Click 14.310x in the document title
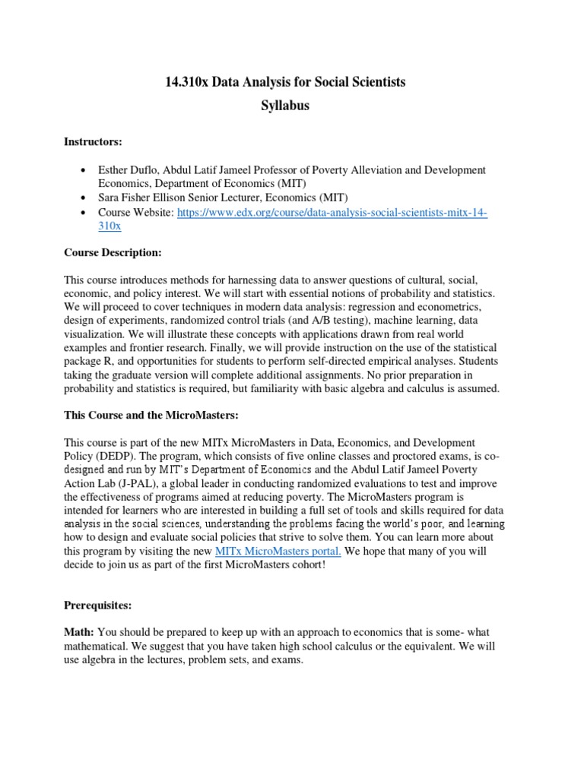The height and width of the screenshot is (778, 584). [186, 82]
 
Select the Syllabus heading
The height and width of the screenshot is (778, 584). [285, 106]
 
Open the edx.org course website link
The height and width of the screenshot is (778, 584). [332, 213]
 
